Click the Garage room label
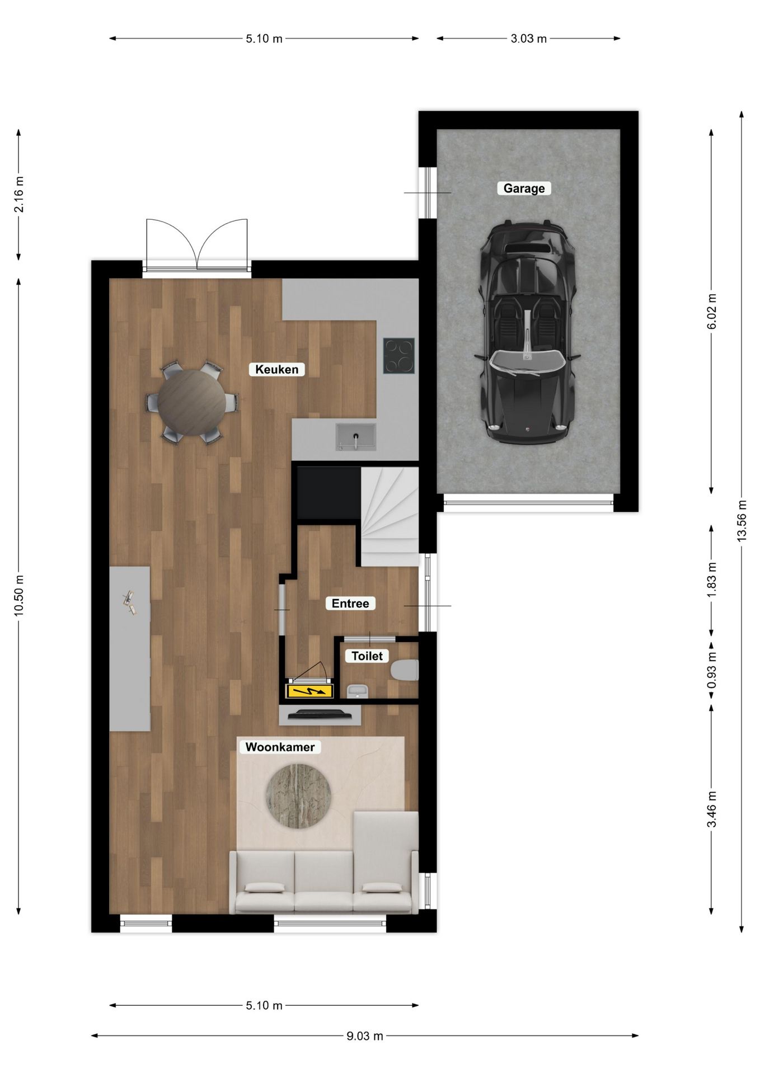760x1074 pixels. click(524, 189)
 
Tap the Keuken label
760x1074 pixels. click(277, 369)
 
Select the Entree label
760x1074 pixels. click(350, 604)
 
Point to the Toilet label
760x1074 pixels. click(367, 656)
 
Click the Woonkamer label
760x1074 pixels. click(280, 747)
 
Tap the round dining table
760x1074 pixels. click(191, 402)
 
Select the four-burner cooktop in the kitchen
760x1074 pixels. click(399, 355)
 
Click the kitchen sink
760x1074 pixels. click(355, 436)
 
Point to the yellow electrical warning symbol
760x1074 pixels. click(309, 691)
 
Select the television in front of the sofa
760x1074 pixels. click(320, 714)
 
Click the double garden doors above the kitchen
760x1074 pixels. click(196, 246)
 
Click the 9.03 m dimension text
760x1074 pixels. click(364, 1035)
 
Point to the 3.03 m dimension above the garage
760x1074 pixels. click(528, 39)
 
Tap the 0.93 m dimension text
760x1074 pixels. click(711, 671)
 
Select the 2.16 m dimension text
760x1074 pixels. click(18, 194)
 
